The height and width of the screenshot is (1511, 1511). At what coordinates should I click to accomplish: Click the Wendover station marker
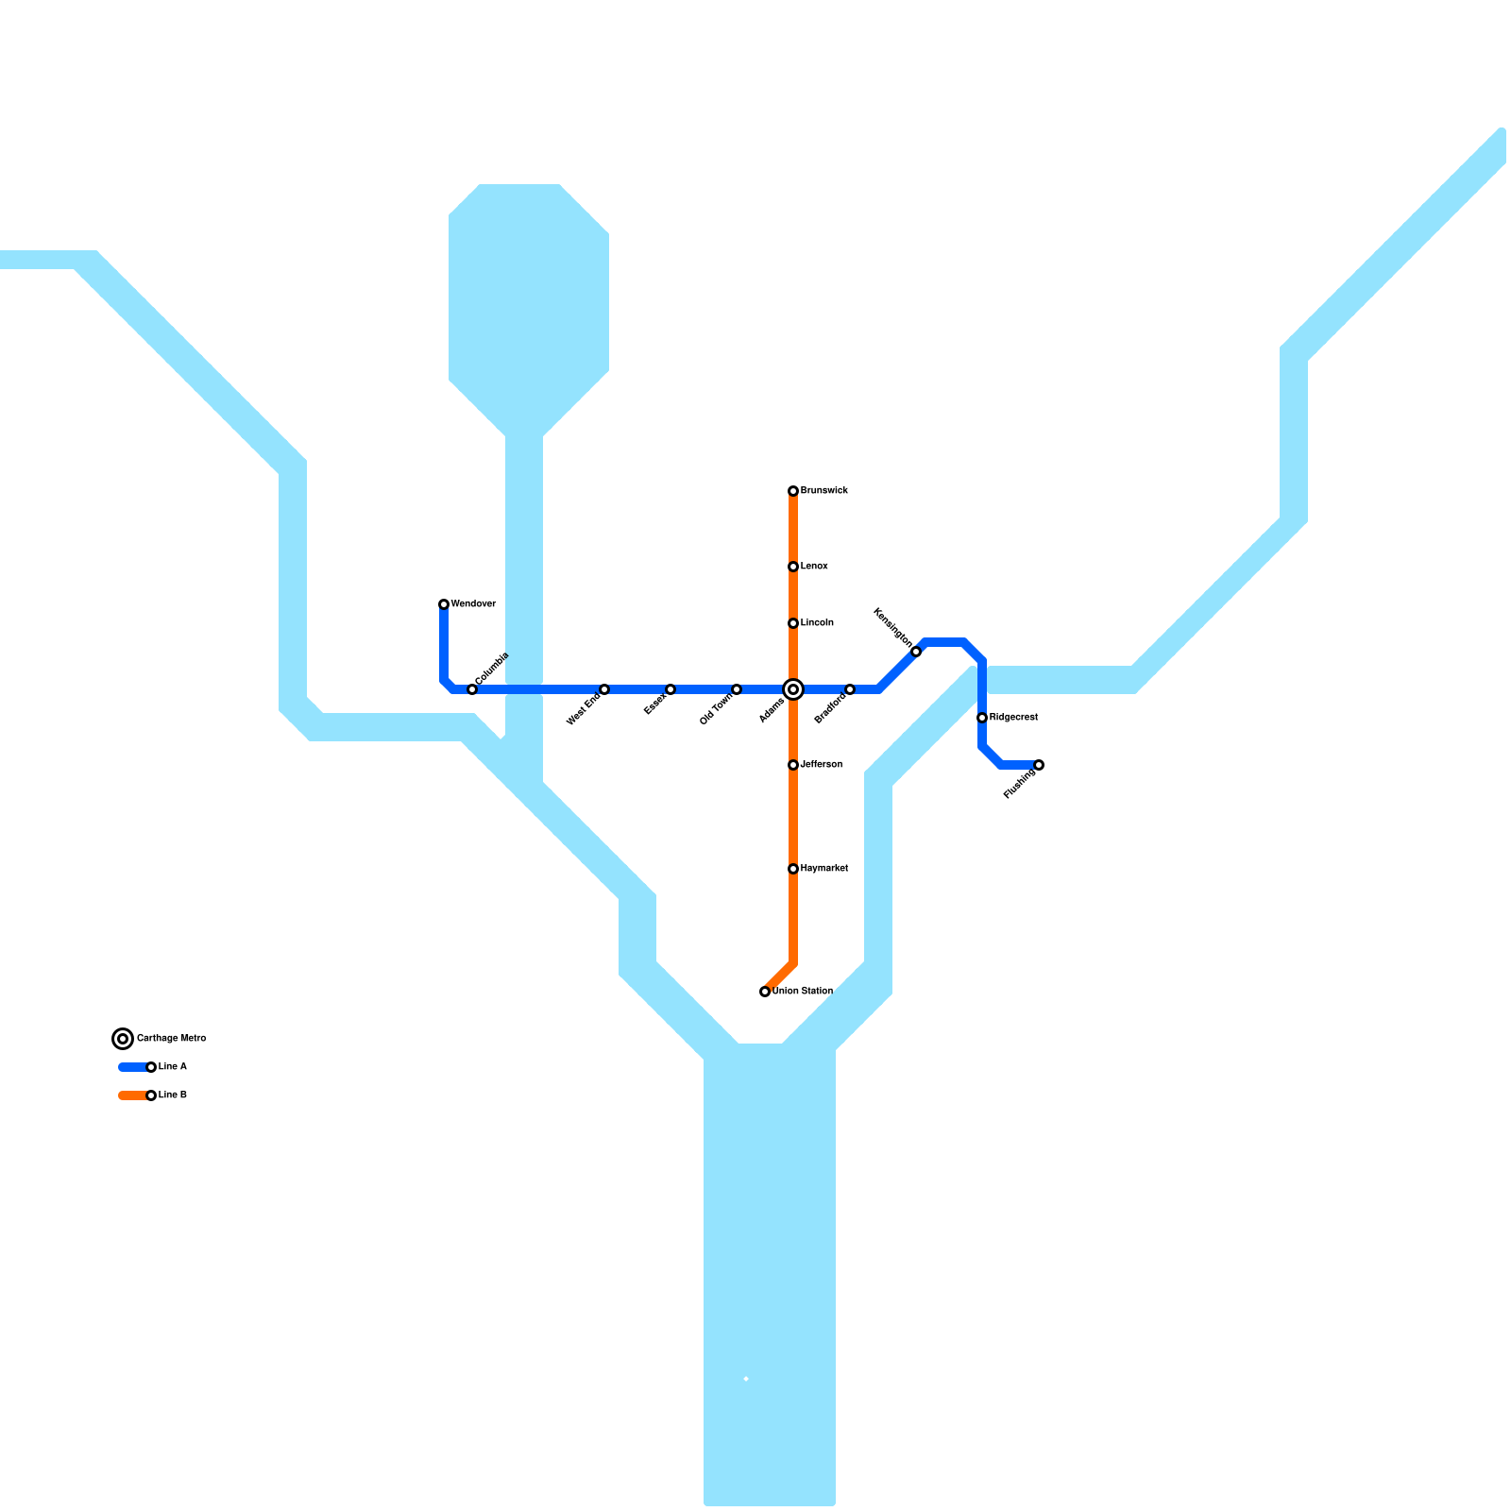pyautogui.click(x=444, y=604)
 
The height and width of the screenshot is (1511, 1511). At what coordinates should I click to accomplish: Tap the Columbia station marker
pyautogui.click(x=472, y=689)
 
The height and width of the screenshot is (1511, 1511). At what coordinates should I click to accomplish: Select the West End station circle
pyautogui.click(x=604, y=689)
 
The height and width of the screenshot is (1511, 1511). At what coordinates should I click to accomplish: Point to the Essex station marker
pyautogui.click(x=671, y=689)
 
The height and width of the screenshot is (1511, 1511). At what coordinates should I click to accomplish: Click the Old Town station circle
pyautogui.click(x=737, y=689)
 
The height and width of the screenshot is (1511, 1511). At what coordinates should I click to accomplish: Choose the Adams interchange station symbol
pyautogui.click(x=793, y=689)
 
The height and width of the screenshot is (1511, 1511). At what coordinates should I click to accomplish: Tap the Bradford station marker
pyautogui.click(x=850, y=689)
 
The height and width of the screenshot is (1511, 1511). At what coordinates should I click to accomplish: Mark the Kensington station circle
pyautogui.click(x=916, y=652)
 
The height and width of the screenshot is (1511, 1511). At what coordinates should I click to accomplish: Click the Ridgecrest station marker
pyautogui.click(x=982, y=718)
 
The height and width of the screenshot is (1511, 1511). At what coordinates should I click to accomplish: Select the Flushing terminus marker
pyautogui.click(x=1039, y=765)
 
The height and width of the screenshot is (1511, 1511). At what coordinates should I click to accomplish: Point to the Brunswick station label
pyautogui.click(x=824, y=491)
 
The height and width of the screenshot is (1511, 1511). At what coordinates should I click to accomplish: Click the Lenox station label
pyautogui.click(x=814, y=567)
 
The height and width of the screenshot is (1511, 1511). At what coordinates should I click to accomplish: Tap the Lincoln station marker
pyautogui.click(x=793, y=623)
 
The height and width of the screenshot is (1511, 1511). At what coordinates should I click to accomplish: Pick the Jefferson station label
pyautogui.click(x=822, y=765)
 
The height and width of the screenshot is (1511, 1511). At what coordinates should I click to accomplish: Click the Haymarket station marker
pyautogui.click(x=793, y=869)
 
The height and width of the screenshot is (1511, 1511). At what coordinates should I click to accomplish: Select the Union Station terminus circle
pyautogui.click(x=765, y=992)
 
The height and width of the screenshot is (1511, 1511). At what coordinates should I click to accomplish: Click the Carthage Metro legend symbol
pyautogui.click(x=123, y=1039)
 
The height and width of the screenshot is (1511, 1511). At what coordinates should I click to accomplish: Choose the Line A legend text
pyautogui.click(x=173, y=1067)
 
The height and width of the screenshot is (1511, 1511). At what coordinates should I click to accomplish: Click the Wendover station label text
pyautogui.click(x=473, y=604)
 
